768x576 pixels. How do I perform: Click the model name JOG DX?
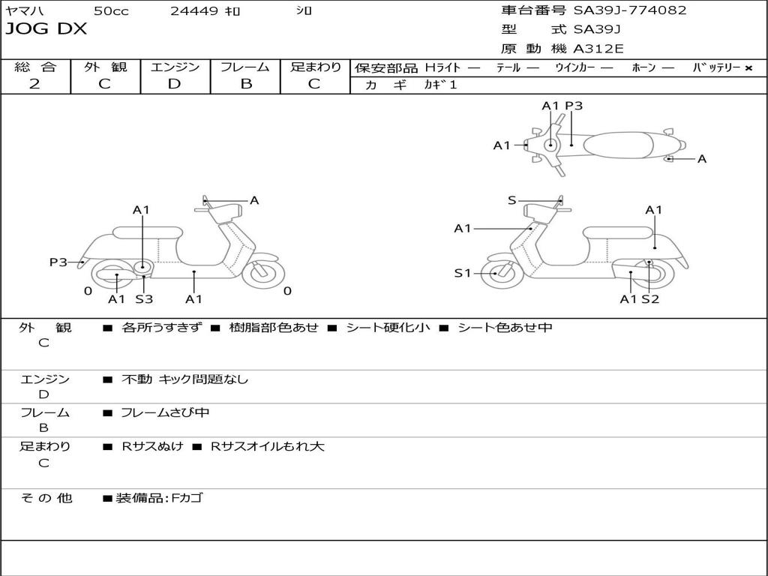pyautogui.click(x=46, y=29)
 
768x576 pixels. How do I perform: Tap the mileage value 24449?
pyautogui.click(x=194, y=10)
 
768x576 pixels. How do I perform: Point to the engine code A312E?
pyautogui.click(x=598, y=49)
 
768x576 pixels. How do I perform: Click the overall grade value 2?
pyautogui.click(x=34, y=84)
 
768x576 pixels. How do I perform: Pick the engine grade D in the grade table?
pyautogui.click(x=175, y=84)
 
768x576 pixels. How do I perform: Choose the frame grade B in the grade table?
pyautogui.click(x=245, y=84)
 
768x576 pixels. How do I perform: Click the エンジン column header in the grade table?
pyautogui.click(x=175, y=67)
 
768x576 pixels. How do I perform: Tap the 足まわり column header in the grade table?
pyautogui.click(x=315, y=67)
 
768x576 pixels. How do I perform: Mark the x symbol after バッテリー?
pyautogui.click(x=748, y=68)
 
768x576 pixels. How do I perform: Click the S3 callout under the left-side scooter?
pyautogui.click(x=144, y=299)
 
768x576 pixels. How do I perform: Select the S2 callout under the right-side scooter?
pyautogui.click(x=650, y=299)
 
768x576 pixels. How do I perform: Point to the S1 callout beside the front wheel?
pyautogui.click(x=463, y=273)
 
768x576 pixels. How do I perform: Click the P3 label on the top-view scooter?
pyautogui.click(x=574, y=106)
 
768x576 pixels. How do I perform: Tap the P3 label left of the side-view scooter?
pyautogui.click(x=58, y=262)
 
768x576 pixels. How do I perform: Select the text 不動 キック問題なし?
pyautogui.click(x=184, y=379)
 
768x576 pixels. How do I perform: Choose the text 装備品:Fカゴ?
pyautogui.click(x=158, y=498)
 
